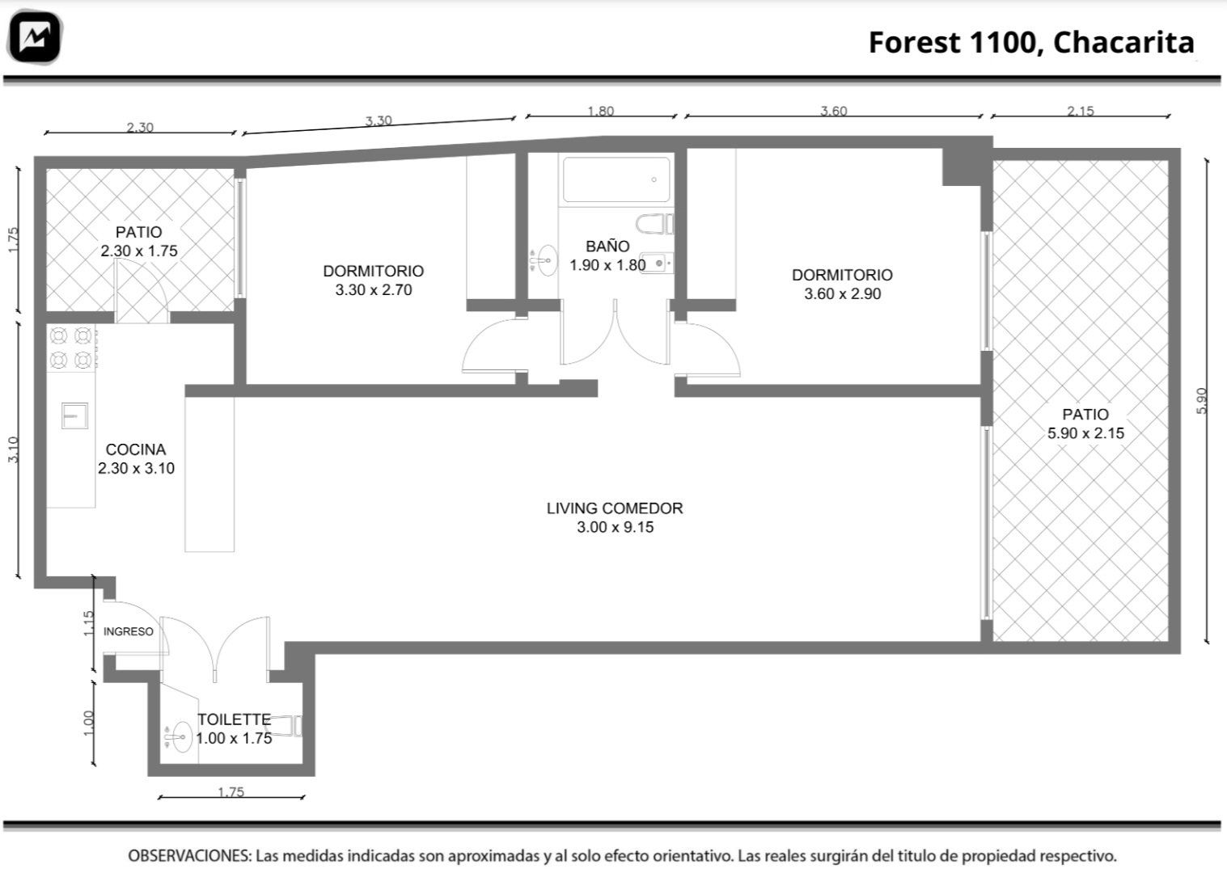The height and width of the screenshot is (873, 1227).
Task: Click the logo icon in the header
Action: pos(35,36)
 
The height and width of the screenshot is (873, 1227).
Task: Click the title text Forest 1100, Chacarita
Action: pos(1031,43)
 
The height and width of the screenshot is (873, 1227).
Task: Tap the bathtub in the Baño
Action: pos(616,179)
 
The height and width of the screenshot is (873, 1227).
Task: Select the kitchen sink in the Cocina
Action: pos(74,415)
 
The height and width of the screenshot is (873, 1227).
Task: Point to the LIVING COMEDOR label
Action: pos(615,508)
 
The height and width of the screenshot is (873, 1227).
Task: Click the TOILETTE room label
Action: pos(235,719)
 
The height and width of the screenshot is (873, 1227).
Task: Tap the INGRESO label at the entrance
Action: pos(128,631)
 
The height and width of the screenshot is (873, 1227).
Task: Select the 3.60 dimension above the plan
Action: pos(833,111)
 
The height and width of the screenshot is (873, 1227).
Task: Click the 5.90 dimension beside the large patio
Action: pos(1200,401)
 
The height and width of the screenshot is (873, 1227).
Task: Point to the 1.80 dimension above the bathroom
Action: pos(600,111)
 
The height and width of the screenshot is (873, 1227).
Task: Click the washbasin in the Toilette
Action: pos(179,736)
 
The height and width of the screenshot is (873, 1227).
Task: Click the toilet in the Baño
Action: pos(654,224)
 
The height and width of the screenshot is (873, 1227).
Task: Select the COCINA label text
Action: pos(135,449)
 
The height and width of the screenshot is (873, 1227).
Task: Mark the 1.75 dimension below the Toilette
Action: pos(231,791)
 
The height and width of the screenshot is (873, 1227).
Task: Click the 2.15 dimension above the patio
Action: pos(1081,111)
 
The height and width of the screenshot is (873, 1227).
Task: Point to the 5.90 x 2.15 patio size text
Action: pos(1085,433)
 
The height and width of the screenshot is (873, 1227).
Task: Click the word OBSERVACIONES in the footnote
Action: pos(189,855)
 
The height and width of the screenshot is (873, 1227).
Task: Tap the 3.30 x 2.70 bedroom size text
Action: pos(374,289)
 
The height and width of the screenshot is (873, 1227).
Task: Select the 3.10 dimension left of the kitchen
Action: pos(13,449)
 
